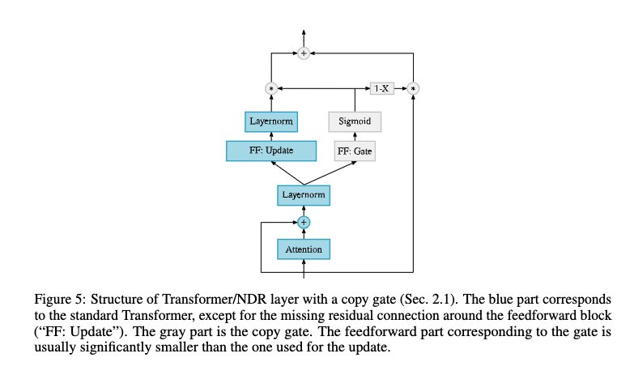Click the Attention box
[304, 249]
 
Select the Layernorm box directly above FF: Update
[271, 121]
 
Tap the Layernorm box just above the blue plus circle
[304, 195]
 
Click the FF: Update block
[271, 150]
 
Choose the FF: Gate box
[355, 151]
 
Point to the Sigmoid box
[355, 121]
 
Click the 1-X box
[381, 87]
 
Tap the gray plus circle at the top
[304, 53]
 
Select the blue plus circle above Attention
[304, 221]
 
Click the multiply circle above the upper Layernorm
[271, 87]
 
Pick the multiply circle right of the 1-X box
[414, 87]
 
